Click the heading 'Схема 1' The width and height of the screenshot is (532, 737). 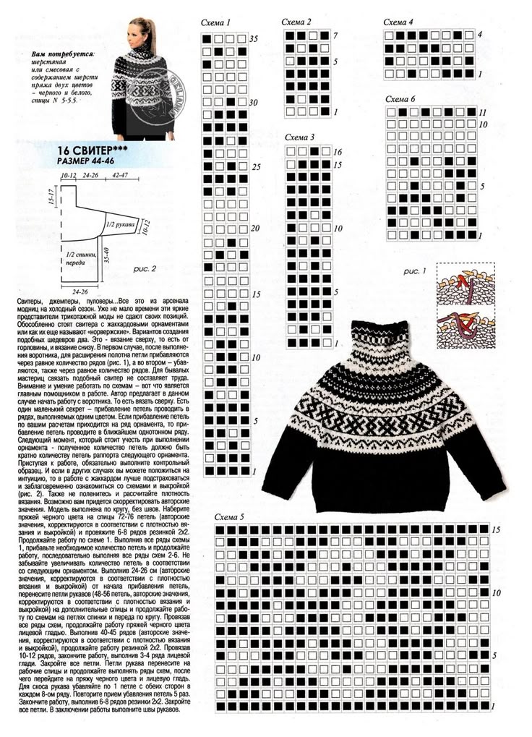(218, 23)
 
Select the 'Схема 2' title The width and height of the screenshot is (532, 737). (297, 22)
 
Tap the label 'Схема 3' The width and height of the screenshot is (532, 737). (300, 137)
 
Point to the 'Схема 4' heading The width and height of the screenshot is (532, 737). (398, 22)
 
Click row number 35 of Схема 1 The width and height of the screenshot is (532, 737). (253, 38)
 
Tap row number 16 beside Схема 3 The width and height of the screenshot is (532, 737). (337, 153)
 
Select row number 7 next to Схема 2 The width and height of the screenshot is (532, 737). (335, 35)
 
